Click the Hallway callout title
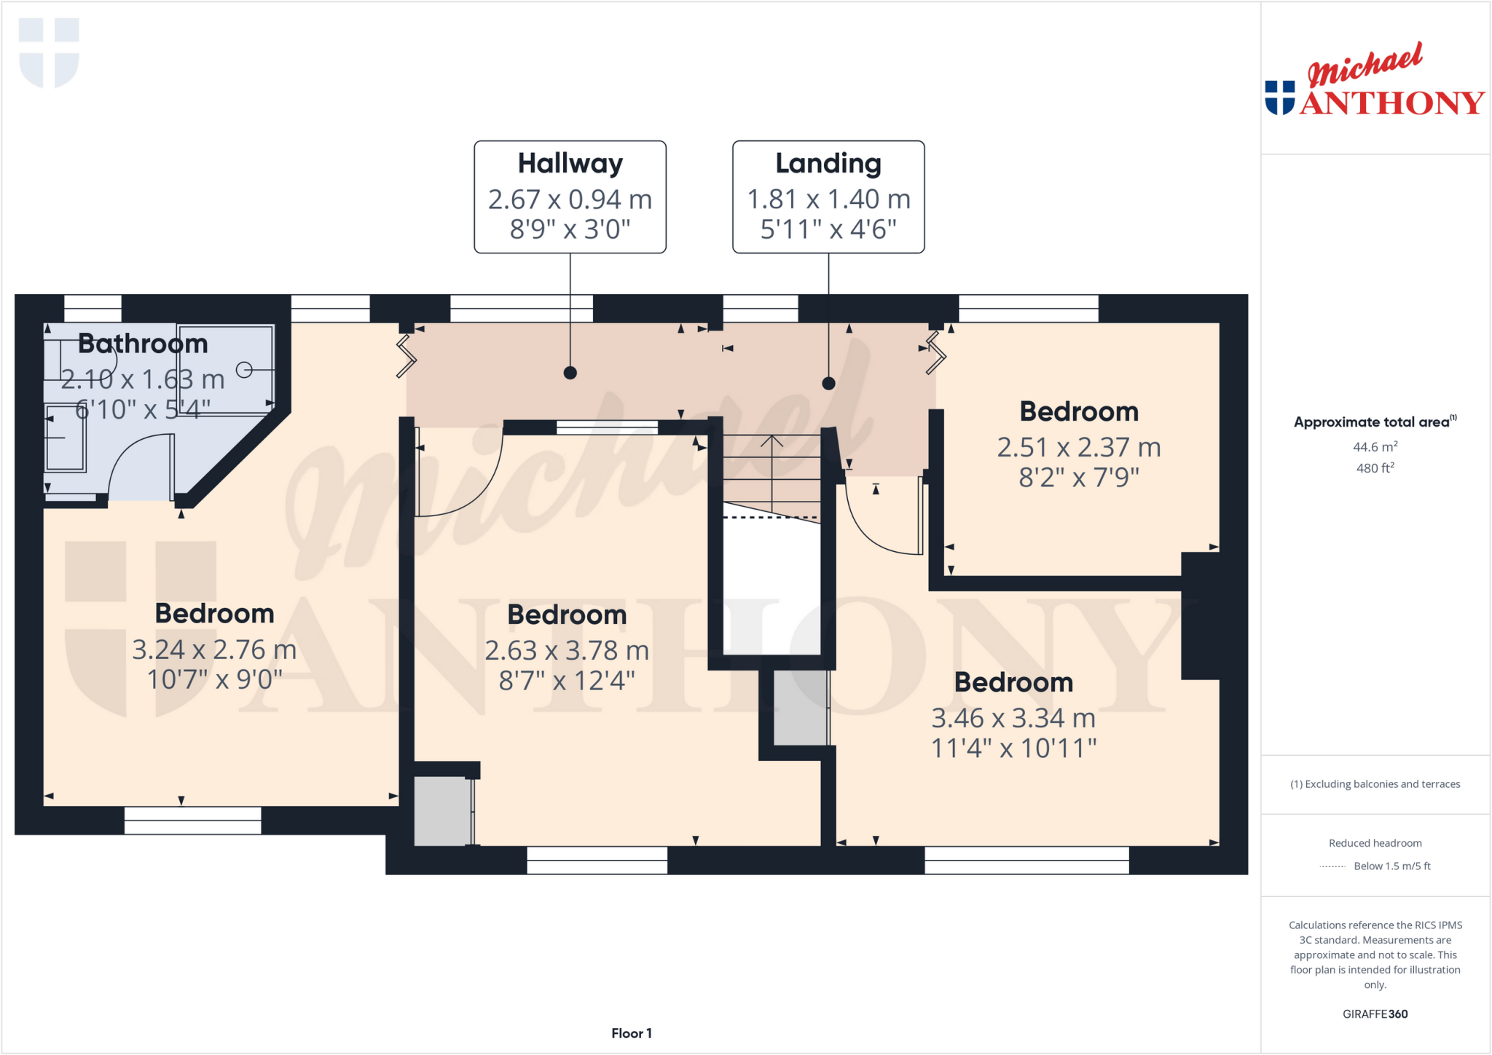(570, 163)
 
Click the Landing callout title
(828, 163)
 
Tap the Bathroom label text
(143, 344)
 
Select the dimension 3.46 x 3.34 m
(1013, 718)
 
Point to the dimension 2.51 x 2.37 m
(1078, 447)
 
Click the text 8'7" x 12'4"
(567, 681)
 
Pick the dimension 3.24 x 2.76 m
(214, 649)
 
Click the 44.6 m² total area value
(1375, 447)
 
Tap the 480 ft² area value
(1375, 468)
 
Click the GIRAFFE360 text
(1375, 1013)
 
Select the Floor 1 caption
(632, 1033)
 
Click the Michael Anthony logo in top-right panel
(1375, 82)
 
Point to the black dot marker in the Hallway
(570, 373)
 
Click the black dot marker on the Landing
(828, 383)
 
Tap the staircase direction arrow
(772, 466)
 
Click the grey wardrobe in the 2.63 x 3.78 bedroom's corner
(441, 811)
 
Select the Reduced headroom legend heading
(1375, 843)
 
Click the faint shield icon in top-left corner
(49, 52)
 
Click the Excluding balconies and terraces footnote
(1375, 784)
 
